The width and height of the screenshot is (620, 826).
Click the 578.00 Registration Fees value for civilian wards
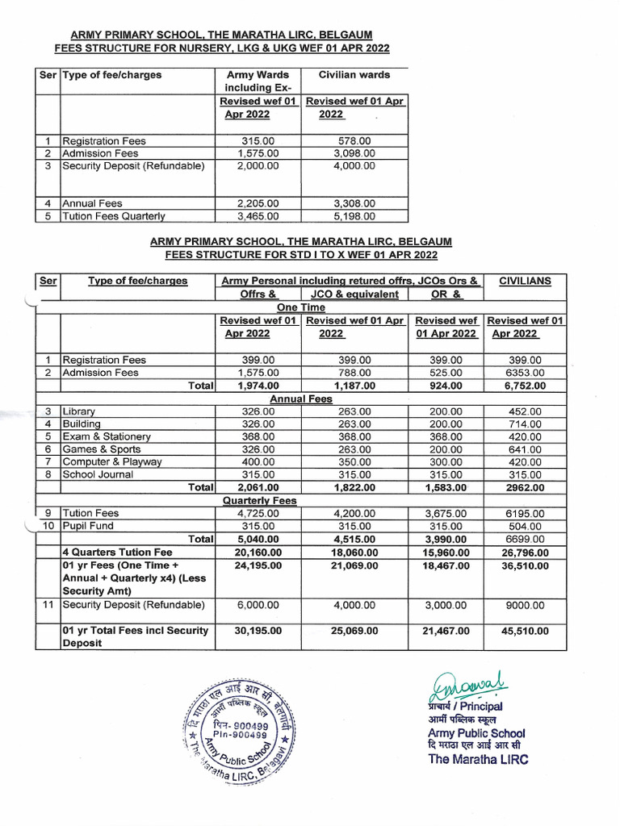point(354,141)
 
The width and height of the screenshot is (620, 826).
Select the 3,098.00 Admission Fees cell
point(354,153)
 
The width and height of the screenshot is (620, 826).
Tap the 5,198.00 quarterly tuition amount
point(354,216)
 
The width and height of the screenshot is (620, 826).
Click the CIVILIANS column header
point(526,281)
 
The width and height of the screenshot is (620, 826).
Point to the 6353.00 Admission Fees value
point(526,373)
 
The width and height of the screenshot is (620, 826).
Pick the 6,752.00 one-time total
point(526,386)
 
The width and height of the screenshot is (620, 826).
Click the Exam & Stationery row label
point(107,436)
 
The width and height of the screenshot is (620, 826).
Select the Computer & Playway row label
point(111,462)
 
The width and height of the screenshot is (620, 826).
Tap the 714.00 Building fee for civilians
point(526,424)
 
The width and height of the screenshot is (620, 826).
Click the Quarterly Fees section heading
point(260,501)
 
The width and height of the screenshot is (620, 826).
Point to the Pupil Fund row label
point(88,526)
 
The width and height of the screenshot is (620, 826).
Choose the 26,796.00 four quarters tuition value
point(526,553)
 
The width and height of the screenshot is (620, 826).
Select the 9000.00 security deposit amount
point(526,605)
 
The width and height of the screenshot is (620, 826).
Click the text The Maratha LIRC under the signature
point(478,759)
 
